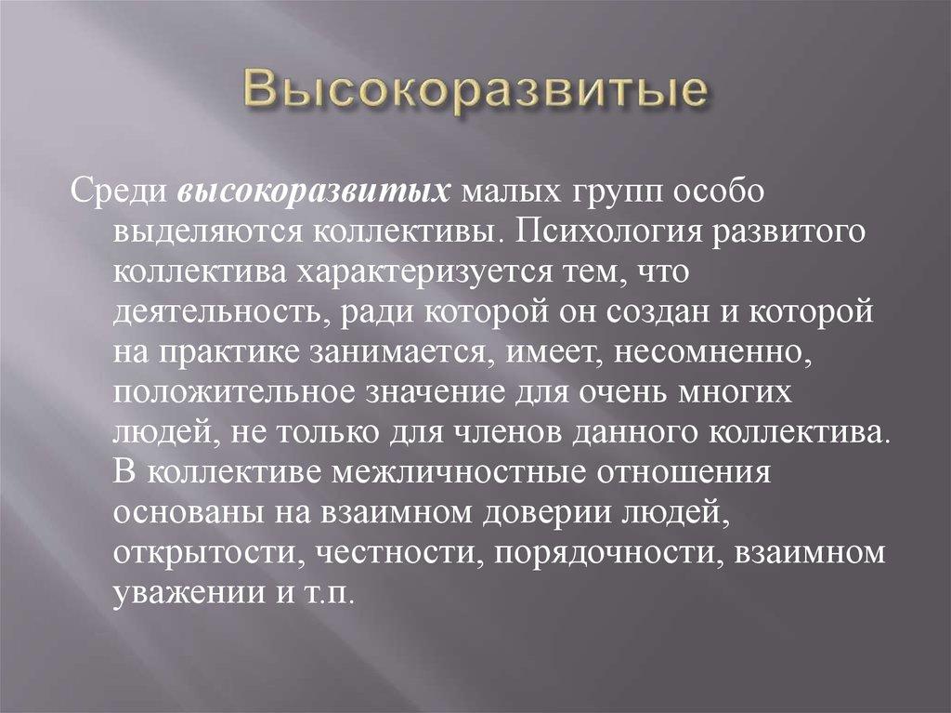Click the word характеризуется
(449, 271)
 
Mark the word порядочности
(609, 551)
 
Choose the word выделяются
(204, 231)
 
